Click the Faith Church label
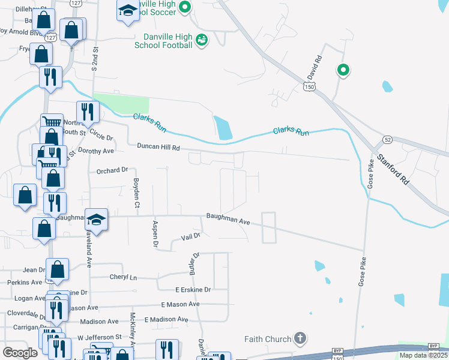pyautogui.click(x=268, y=339)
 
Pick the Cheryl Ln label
pyautogui.click(x=123, y=277)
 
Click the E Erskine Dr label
pyautogui.click(x=193, y=289)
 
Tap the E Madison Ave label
pyautogui.click(x=171, y=320)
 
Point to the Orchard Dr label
pyautogui.click(x=112, y=170)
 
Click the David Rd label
pyautogui.click(x=316, y=68)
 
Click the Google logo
pyautogui.click(x=20, y=353)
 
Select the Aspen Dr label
pyautogui.click(x=155, y=235)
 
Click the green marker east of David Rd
pyautogui.click(x=343, y=71)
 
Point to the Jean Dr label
pyautogui.click(x=34, y=270)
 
